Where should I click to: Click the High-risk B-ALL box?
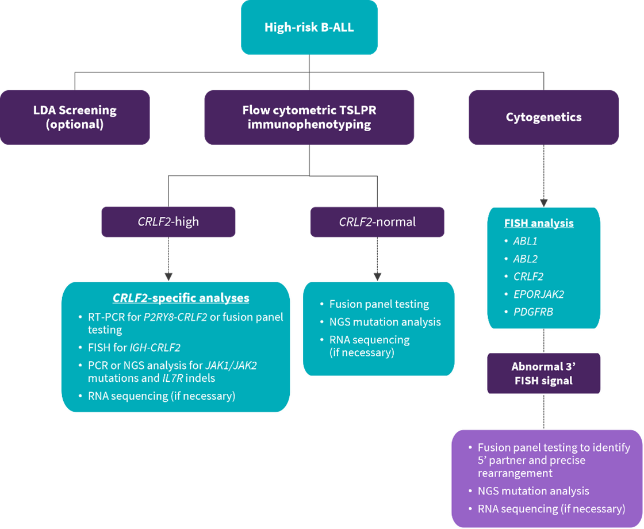(x=309, y=27)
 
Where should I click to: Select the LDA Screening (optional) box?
(x=75, y=117)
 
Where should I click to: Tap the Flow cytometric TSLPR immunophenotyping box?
(x=309, y=117)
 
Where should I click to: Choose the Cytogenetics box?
(x=543, y=117)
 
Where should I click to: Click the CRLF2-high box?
(x=168, y=222)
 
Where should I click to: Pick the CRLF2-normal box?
(x=377, y=222)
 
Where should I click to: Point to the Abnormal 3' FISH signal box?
(x=543, y=373)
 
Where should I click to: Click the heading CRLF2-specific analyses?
(x=181, y=298)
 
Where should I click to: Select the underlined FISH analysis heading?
(x=539, y=223)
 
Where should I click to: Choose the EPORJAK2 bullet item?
(x=538, y=294)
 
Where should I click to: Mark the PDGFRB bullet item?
(x=532, y=312)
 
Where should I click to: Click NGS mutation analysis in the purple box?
(x=533, y=491)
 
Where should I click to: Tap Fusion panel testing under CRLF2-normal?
(x=379, y=304)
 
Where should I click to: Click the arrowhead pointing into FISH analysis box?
(x=543, y=202)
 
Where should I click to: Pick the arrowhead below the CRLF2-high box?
(x=168, y=275)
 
